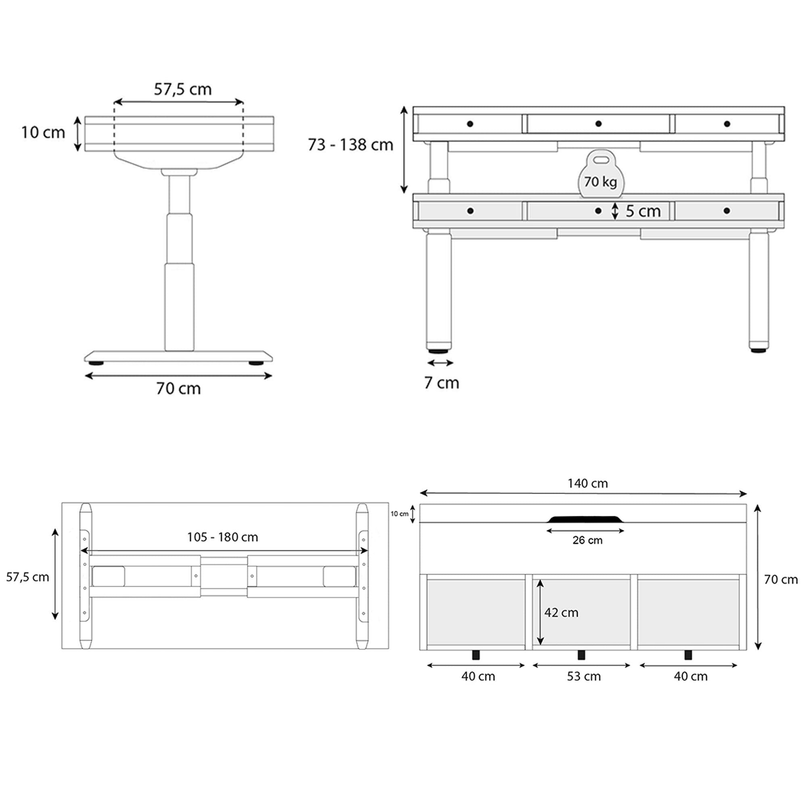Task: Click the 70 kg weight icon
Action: click(x=600, y=176)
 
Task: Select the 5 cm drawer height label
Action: click(x=643, y=211)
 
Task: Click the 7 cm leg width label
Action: click(x=441, y=383)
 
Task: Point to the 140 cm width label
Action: click(x=587, y=483)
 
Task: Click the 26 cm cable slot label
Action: click(x=587, y=540)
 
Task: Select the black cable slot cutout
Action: click(x=585, y=519)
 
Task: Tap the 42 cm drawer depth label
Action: click(x=561, y=613)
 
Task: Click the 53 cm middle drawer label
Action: click(x=583, y=676)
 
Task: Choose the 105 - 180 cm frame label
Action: click(x=222, y=537)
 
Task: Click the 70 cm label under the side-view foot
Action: click(x=178, y=389)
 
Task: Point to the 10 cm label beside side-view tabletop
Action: click(x=43, y=132)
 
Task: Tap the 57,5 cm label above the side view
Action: click(x=182, y=89)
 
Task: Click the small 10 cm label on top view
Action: click(x=399, y=514)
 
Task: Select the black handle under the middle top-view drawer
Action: click(x=581, y=655)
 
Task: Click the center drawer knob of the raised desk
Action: click(x=598, y=123)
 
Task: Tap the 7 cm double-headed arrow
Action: click(x=440, y=363)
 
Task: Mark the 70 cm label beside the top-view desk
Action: click(x=781, y=579)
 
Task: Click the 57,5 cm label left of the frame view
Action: click(x=27, y=577)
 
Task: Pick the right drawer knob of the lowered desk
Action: click(x=727, y=211)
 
